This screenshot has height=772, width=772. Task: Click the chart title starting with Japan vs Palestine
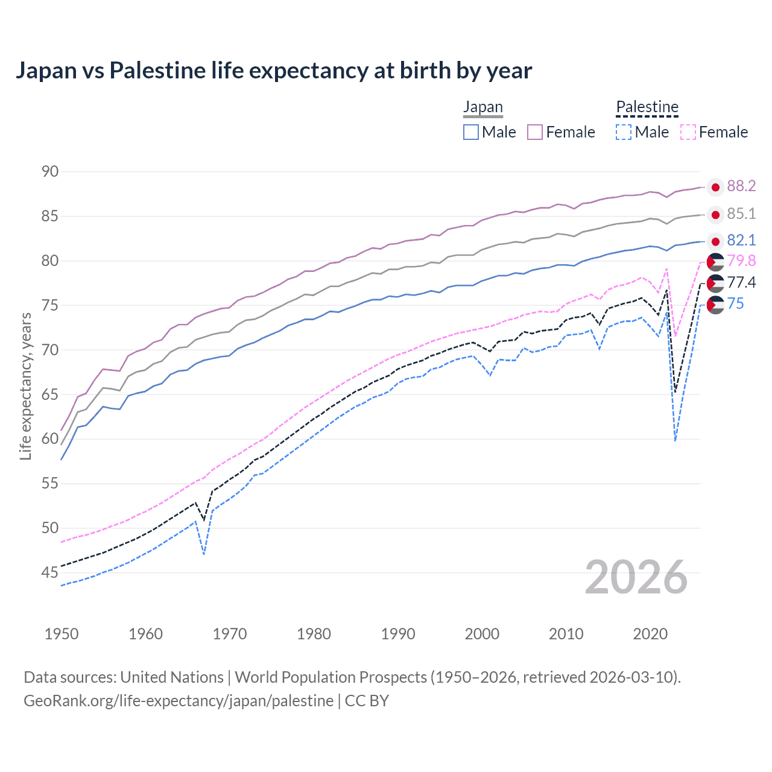tap(273, 71)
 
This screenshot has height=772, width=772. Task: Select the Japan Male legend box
tap(471, 132)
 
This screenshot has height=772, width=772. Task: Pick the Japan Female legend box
tap(535, 132)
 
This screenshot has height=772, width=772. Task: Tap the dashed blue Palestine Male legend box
tap(624, 132)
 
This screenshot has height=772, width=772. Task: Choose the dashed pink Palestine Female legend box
tap(688, 132)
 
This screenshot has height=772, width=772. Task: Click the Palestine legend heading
tap(647, 107)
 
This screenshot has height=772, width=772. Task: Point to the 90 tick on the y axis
tap(50, 172)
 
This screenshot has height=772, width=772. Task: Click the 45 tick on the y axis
tap(50, 572)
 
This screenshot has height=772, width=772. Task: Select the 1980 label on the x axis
tap(314, 634)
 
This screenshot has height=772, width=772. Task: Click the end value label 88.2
tap(741, 186)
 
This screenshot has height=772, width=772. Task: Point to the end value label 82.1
tap(741, 241)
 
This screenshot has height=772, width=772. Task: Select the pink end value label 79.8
tap(741, 261)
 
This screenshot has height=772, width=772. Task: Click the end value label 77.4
tap(741, 282)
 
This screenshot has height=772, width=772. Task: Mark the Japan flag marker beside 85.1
tap(715, 215)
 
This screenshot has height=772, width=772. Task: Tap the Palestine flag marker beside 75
tap(715, 305)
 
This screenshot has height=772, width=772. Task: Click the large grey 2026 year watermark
tap(636, 578)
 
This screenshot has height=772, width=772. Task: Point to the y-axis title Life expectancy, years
tap(26, 386)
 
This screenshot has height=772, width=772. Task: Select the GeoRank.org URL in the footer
tap(179, 701)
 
